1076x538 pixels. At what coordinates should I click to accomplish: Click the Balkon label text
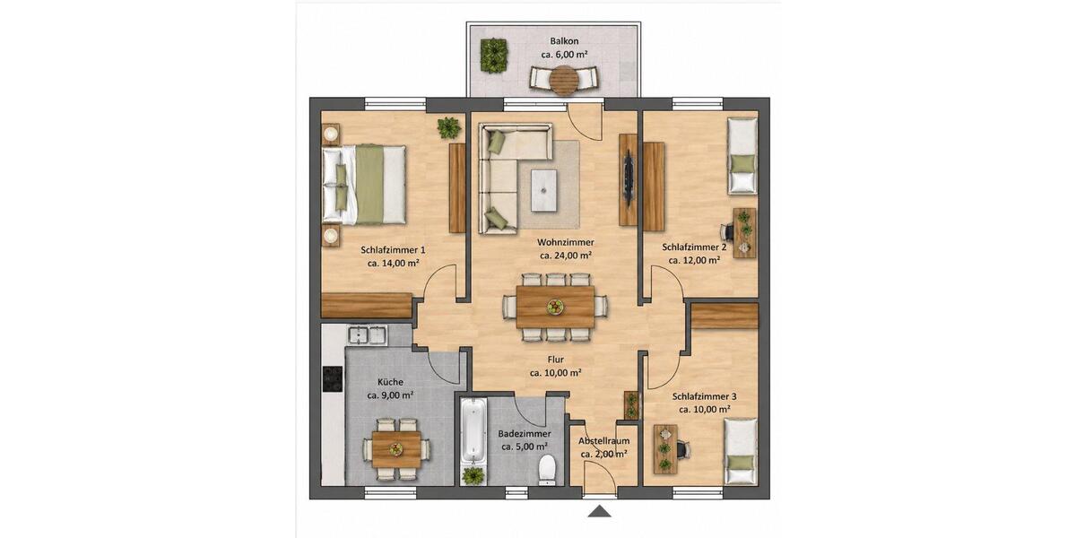pyautogui.click(x=563, y=41)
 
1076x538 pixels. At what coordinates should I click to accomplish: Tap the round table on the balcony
pyautogui.click(x=564, y=82)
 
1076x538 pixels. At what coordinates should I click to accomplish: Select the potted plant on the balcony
pyautogui.click(x=493, y=56)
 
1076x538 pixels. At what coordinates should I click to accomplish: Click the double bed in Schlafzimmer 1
pyautogui.click(x=366, y=185)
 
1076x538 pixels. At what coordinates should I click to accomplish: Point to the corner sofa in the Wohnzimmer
pyautogui.click(x=502, y=179)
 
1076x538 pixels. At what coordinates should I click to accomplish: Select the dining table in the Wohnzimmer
pyautogui.click(x=556, y=307)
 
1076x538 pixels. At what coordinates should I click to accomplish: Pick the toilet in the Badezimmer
pyautogui.click(x=546, y=469)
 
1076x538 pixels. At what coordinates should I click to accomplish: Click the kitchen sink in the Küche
pyautogui.click(x=367, y=336)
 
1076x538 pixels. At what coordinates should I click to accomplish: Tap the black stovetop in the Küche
pyautogui.click(x=333, y=379)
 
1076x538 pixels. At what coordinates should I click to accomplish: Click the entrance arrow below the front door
pyautogui.click(x=599, y=511)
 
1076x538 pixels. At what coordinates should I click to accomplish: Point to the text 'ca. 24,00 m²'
pyautogui.click(x=565, y=256)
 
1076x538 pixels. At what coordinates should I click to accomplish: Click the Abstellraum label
pyautogui.click(x=603, y=441)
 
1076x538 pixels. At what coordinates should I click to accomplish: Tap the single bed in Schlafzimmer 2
pyautogui.click(x=742, y=156)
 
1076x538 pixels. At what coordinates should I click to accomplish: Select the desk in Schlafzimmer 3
pyautogui.click(x=665, y=447)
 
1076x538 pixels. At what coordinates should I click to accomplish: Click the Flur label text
pyautogui.click(x=555, y=360)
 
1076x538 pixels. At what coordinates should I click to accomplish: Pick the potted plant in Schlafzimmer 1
pyautogui.click(x=447, y=127)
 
